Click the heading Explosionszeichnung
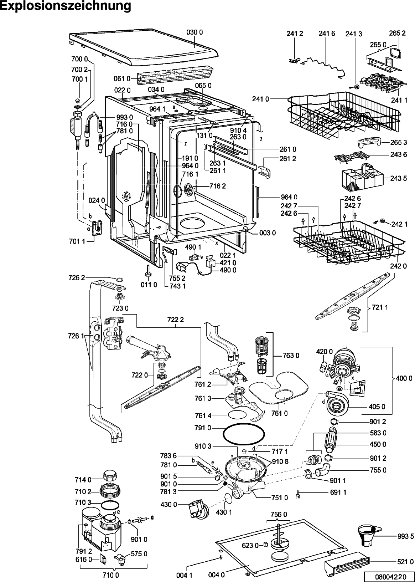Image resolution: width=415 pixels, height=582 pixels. tap(66, 6)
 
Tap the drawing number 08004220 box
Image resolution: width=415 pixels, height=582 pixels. tap(389, 575)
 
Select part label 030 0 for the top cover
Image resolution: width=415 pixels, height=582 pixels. tap(194, 32)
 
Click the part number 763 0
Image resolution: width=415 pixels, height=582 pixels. tap(291, 355)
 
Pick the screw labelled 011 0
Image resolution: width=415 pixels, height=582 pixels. tap(149, 271)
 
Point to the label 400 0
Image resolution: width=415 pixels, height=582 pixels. tap(404, 378)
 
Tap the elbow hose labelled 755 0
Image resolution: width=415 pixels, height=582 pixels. tap(323, 470)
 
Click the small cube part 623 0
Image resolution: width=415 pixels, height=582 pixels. tap(265, 545)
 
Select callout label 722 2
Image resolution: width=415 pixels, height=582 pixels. tap(176, 319)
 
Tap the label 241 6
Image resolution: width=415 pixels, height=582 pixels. tap(327, 34)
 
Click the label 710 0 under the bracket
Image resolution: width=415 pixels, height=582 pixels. tap(111, 575)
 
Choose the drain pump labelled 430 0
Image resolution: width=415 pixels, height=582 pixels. tap(197, 509)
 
